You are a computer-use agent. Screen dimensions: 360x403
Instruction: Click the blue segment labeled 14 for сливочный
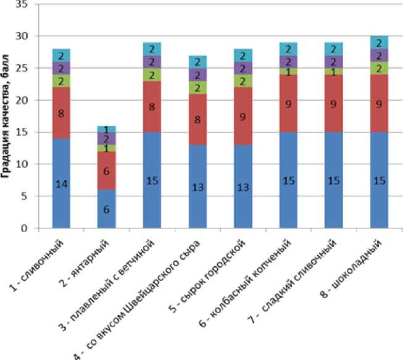[x=61, y=183]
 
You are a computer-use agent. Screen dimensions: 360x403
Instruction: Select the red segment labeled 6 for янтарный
[x=106, y=170]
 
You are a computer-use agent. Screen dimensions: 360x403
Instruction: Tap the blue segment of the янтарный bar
[x=106, y=209]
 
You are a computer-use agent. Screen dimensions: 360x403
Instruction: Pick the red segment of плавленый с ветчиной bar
[x=151, y=106]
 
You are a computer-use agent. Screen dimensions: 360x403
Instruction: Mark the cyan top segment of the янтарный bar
[x=106, y=130]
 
